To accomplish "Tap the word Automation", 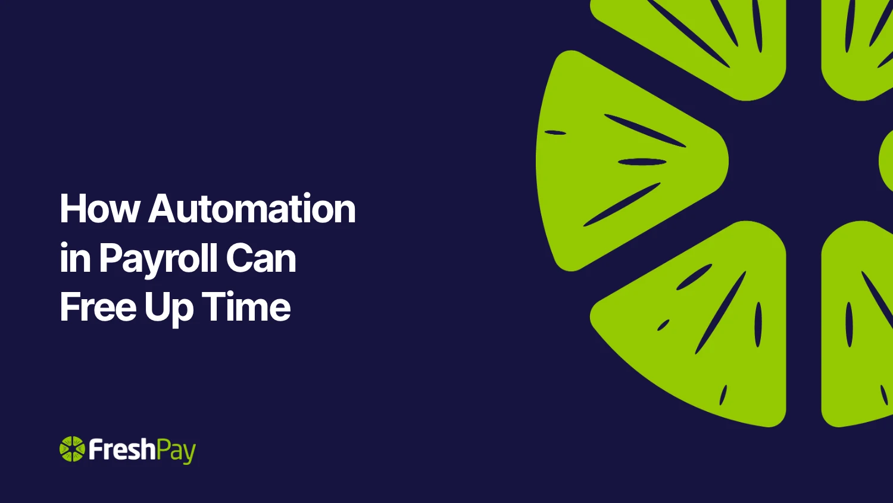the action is coord(252,209).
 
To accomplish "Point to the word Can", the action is coord(261,258).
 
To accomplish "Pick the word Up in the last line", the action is coord(169,309).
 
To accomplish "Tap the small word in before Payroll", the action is coord(75,258).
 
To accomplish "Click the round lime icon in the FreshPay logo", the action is coord(72,449).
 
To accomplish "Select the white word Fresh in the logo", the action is coord(122,449).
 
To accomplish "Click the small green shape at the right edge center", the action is coord(886,160).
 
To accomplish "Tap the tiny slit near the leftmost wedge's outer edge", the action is coord(555,132).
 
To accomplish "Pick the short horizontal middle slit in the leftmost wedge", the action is coord(642,162).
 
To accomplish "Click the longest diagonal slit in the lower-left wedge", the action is coord(720,313).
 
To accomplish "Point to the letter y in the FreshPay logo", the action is coord(190,455).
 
